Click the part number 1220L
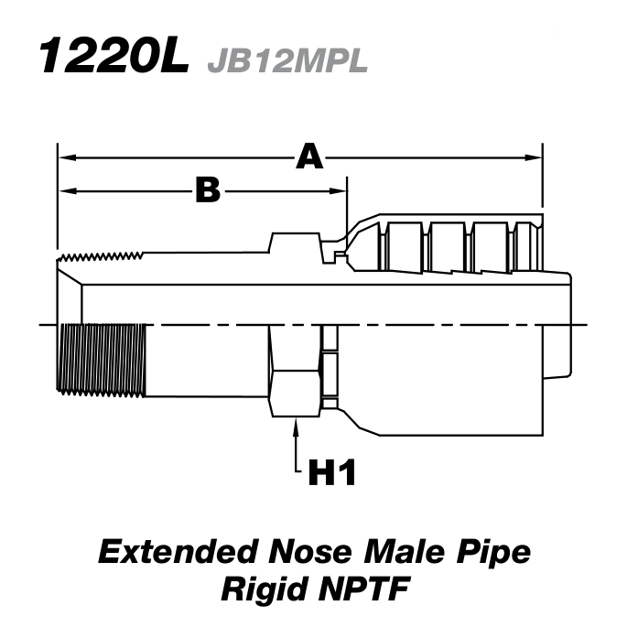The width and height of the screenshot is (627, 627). coord(114,56)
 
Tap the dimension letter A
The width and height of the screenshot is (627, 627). coord(309,157)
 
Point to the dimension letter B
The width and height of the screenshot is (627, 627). coord(208,190)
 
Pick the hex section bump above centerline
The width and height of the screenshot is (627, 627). coord(294,242)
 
